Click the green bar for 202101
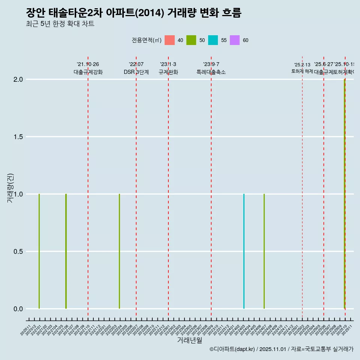(x=39, y=251)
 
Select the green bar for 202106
(x=66, y=251)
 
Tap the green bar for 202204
(x=120, y=251)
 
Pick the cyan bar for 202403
(x=244, y=251)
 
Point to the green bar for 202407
(x=264, y=251)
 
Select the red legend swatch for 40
(x=170, y=40)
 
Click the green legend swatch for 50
(x=191, y=40)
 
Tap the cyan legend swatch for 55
(x=213, y=40)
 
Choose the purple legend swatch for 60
(x=235, y=40)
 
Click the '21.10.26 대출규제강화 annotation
(x=88, y=68)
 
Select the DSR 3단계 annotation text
(x=136, y=72)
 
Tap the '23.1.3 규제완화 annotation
(x=168, y=68)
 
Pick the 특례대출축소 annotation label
(x=211, y=72)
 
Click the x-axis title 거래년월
(x=190, y=340)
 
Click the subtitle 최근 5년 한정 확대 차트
(x=60, y=24)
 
